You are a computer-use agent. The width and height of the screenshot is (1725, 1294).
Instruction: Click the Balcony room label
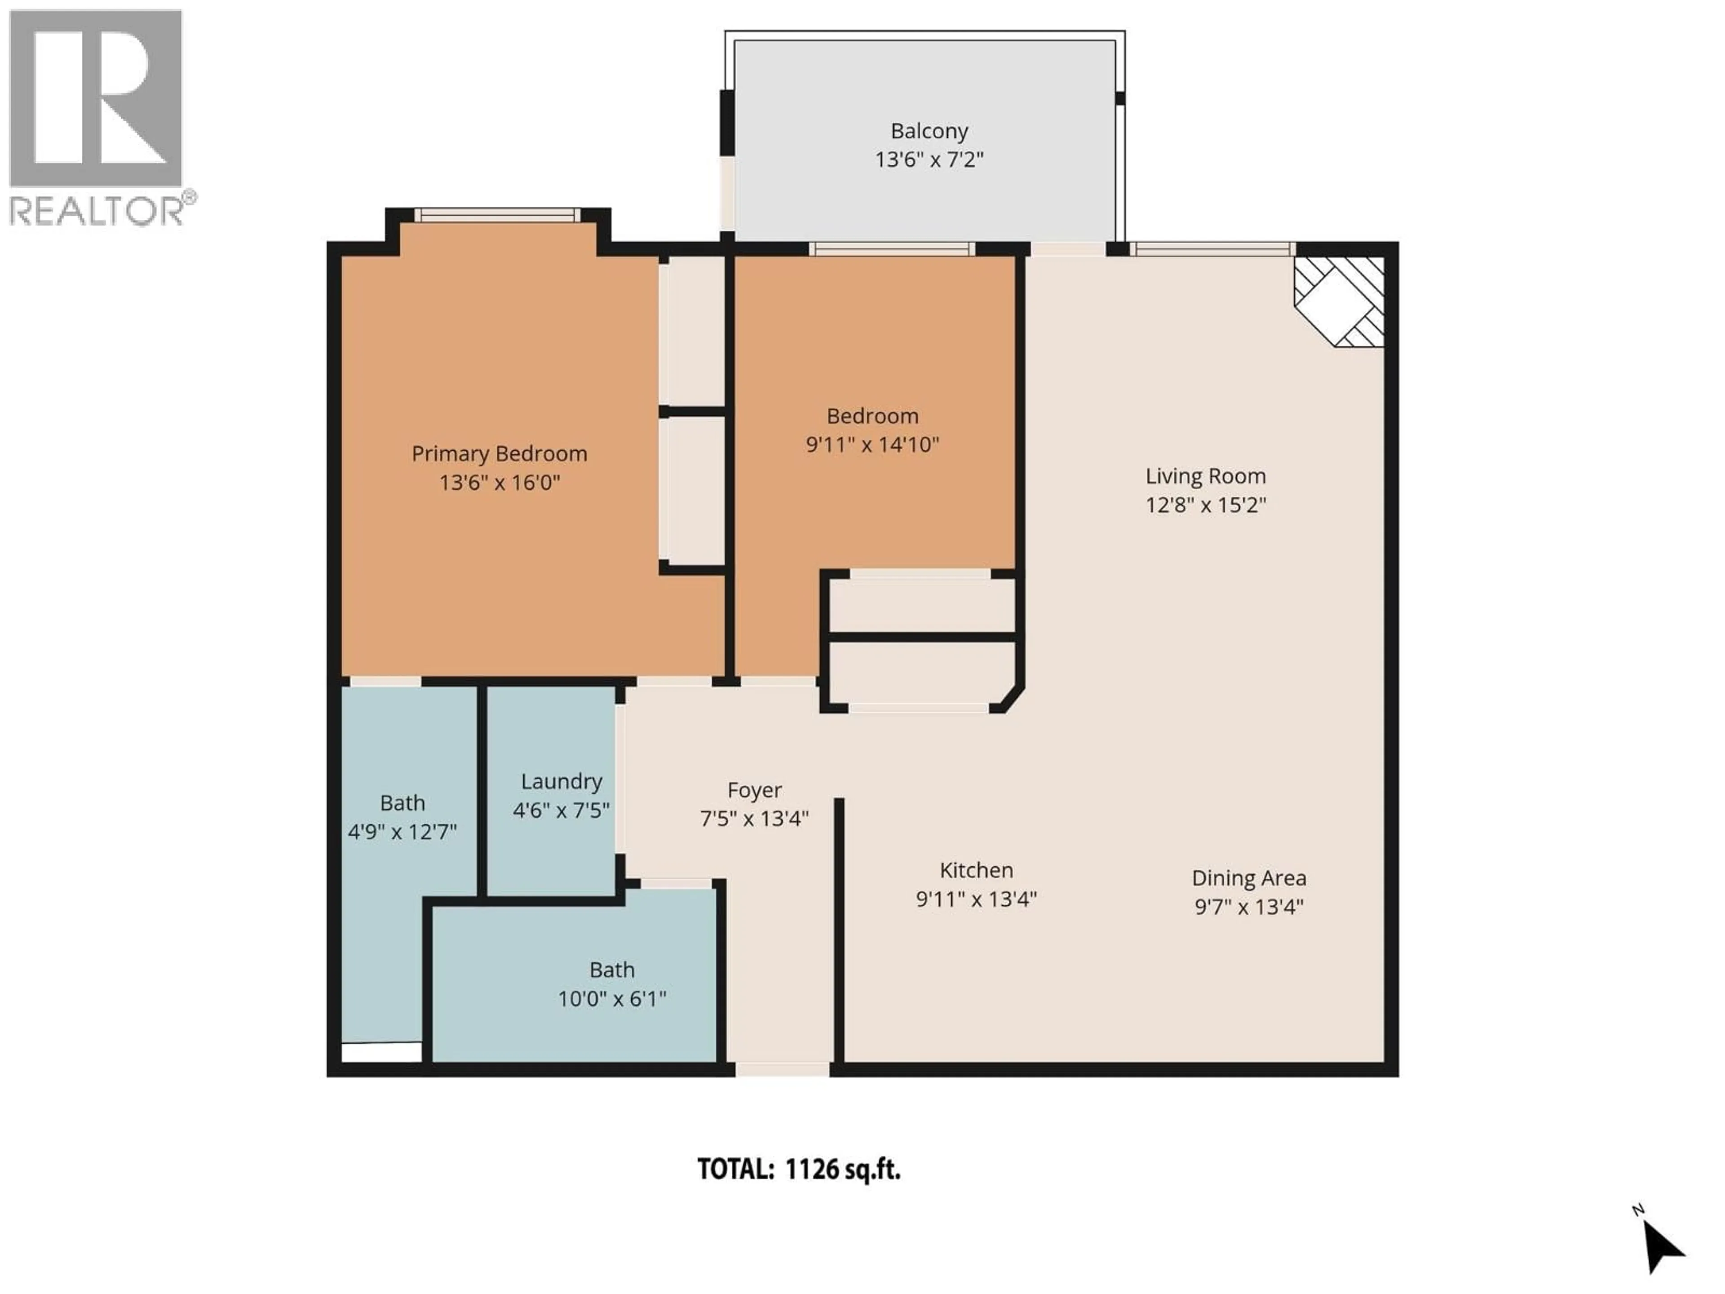[x=929, y=131]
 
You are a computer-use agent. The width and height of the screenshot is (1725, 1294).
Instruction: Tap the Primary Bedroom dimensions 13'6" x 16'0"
[x=499, y=483]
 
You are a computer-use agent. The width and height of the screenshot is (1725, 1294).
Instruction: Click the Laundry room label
[x=561, y=781]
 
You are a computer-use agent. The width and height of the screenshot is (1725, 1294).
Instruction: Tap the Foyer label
[x=754, y=790]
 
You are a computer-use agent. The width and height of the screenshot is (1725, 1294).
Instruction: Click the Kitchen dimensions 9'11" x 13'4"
[x=976, y=900]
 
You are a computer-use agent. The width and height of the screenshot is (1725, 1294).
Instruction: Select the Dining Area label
[x=1248, y=878]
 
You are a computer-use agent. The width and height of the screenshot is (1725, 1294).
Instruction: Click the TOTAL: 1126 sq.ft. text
[x=799, y=1169]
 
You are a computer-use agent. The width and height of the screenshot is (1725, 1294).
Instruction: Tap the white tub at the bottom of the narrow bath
[x=381, y=1052]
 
